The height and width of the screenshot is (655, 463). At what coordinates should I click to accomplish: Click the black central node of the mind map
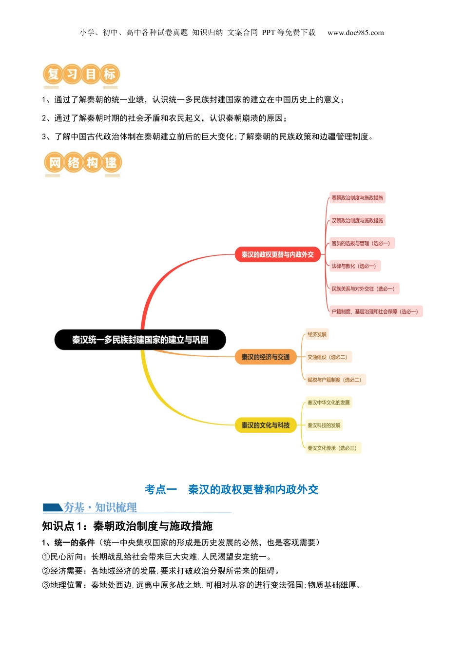click(140, 340)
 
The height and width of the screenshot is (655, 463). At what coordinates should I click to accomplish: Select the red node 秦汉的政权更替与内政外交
click(277, 254)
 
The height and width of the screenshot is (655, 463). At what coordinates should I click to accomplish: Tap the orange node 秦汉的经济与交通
click(266, 357)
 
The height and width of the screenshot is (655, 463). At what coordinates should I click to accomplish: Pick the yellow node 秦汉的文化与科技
click(266, 425)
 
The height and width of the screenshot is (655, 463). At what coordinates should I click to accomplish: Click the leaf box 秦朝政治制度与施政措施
click(357, 198)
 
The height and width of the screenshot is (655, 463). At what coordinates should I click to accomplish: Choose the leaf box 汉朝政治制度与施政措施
click(357, 221)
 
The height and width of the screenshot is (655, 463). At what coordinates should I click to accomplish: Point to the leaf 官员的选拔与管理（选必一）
click(361, 243)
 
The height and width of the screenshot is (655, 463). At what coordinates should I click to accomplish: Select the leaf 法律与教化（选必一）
click(354, 266)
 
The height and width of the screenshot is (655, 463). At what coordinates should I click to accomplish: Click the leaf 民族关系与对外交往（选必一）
click(363, 289)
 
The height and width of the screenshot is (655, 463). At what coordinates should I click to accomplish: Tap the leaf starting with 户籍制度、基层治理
click(375, 311)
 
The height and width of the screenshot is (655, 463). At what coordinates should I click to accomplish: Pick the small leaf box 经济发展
click(317, 334)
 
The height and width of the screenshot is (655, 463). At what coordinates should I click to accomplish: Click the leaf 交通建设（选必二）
click(327, 357)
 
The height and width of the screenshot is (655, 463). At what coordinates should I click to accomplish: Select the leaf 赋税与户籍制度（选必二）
click(334, 380)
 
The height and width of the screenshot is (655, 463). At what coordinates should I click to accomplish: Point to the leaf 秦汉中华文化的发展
click(328, 403)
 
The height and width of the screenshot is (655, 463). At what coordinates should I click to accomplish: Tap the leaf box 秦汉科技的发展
click(324, 425)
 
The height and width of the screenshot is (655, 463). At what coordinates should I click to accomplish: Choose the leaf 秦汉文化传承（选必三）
click(332, 448)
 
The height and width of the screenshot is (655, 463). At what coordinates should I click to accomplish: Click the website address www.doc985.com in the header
click(355, 33)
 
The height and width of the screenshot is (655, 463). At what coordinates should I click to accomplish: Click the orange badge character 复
click(53, 74)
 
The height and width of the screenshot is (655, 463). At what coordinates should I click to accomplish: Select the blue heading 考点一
click(160, 489)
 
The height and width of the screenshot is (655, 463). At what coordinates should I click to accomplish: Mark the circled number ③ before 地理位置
click(46, 585)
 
